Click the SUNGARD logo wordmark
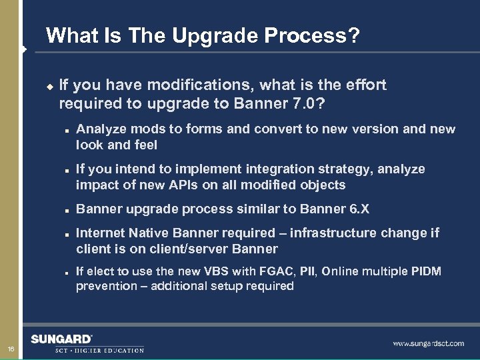coord(61,338)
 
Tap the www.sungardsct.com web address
coord(428,343)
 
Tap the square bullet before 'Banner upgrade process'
coord(68,209)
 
